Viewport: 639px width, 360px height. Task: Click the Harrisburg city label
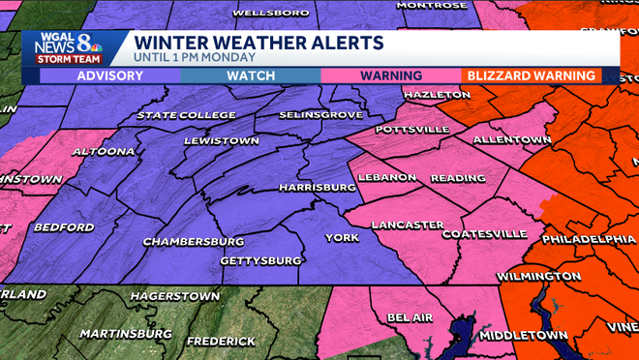(313, 186)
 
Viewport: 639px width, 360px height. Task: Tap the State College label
(186, 115)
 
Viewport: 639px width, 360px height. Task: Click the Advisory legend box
(110, 75)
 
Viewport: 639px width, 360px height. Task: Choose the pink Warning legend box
(390, 75)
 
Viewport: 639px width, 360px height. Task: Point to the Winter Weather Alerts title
(258, 43)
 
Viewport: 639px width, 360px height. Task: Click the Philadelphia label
(588, 238)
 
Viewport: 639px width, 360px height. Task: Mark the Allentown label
(510, 140)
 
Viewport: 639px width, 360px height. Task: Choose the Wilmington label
(538, 276)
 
